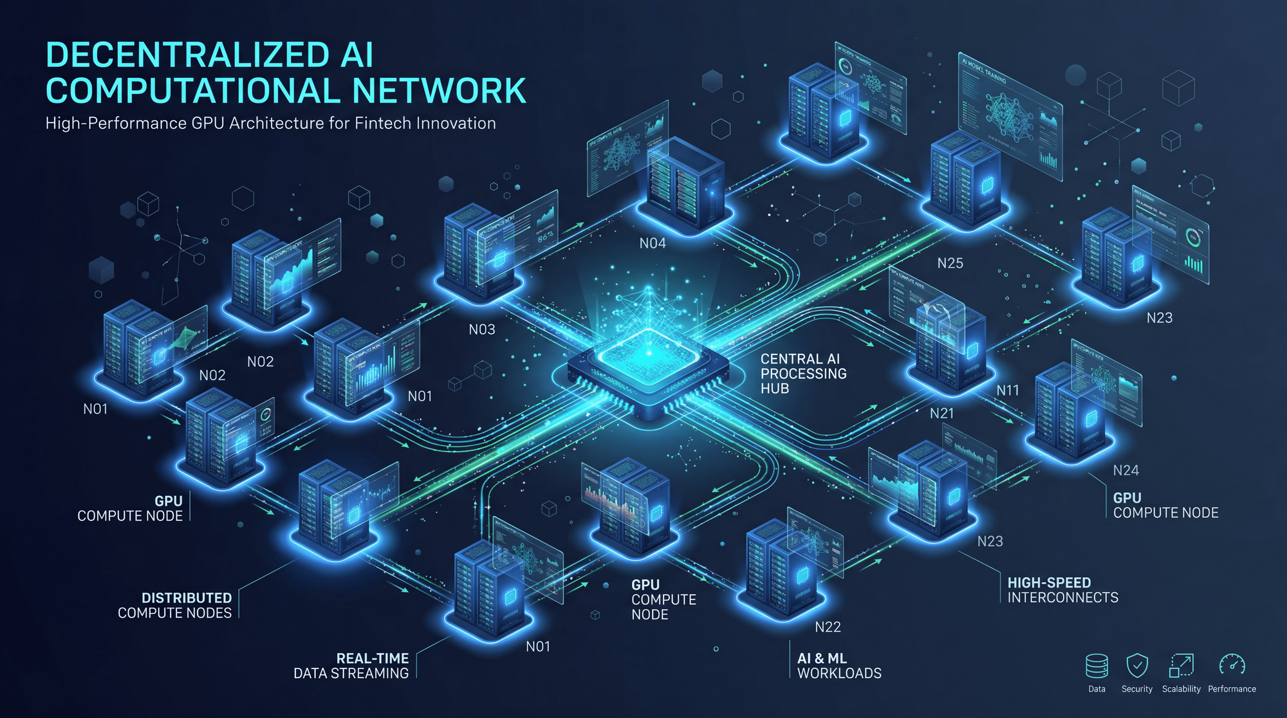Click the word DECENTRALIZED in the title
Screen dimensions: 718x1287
[x=187, y=55]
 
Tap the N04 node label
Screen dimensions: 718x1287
[x=653, y=243]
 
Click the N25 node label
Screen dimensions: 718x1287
[x=950, y=263]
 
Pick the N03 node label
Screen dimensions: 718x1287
[x=482, y=330]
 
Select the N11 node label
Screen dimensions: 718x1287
[x=1008, y=391]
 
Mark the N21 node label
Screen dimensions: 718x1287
[x=941, y=414]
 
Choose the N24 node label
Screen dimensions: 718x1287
[x=1125, y=471]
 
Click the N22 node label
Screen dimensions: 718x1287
[x=828, y=627]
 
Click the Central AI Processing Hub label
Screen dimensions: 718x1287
[x=803, y=374]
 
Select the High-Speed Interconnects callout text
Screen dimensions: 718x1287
[x=1062, y=590]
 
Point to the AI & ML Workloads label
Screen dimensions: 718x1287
[x=839, y=666]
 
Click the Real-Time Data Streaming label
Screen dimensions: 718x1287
[x=351, y=666]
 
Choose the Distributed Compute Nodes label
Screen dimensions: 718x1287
[x=175, y=605]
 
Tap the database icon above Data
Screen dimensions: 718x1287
[x=1097, y=666]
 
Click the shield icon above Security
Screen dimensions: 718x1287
[x=1137, y=665]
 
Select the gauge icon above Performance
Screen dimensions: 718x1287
[x=1232, y=665]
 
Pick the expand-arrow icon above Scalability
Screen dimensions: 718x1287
[x=1181, y=665]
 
